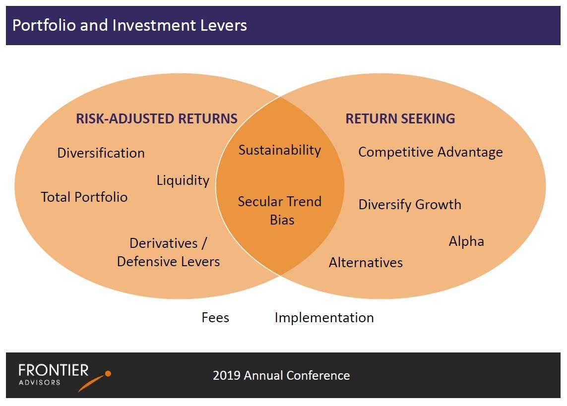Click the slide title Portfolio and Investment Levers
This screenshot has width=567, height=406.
point(129,26)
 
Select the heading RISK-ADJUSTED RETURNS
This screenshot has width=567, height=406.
point(157,118)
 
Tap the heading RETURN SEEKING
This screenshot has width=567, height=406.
point(400,118)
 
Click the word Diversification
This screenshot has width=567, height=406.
point(101,153)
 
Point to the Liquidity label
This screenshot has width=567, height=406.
point(183,180)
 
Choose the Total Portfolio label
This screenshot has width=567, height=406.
point(84,197)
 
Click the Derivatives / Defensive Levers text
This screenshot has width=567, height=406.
point(169,252)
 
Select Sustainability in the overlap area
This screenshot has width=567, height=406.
point(280,150)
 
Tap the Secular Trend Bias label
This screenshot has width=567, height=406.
point(280,211)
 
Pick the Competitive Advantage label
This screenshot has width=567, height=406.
point(431,152)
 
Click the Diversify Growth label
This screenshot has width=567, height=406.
point(410,205)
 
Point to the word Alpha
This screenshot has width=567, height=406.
point(466,241)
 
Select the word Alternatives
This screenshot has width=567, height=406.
point(366,263)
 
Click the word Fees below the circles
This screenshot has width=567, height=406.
point(215,317)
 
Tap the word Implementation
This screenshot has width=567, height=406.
point(324,318)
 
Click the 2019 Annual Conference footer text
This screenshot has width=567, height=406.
point(281,376)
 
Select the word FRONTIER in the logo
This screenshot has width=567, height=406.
point(54,370)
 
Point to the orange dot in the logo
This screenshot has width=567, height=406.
point(108,374)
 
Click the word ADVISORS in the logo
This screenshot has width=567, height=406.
point(39,383)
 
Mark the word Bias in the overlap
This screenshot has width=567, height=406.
point(282,220)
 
